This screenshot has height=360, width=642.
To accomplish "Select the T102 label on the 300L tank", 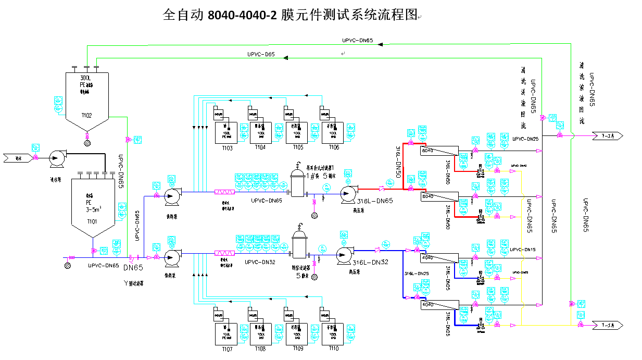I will pos(87,116).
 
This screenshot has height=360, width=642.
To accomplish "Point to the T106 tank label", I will pos(333,148).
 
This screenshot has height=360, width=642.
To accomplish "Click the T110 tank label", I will pos(333,348).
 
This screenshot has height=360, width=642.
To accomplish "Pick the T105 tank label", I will pos(297,148).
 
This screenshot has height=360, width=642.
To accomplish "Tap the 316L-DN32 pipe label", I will pos(370,263).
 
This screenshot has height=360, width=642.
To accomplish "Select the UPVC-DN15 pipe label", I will pos(523,250).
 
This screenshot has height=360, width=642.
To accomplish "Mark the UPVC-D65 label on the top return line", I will pos(261,55).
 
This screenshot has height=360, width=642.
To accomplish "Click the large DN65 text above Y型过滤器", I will pos(132,268).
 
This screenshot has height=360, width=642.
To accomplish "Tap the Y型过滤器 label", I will pos(133,283).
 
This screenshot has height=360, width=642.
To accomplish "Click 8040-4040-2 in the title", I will pos(242,15).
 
